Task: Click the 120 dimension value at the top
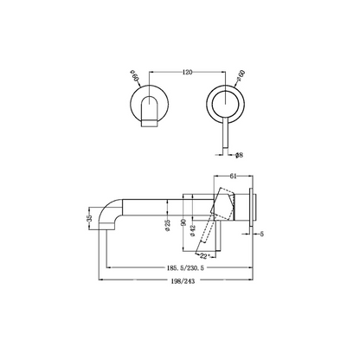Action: pos(187,72)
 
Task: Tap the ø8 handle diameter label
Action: pos(239,155)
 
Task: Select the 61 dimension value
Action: pos(233,177)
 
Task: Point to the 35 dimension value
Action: pos(89,218)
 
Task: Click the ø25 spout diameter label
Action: pos(168,225)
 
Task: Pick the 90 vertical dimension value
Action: pos(183,222)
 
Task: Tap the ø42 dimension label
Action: pos(193,230)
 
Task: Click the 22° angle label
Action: pos(205,256)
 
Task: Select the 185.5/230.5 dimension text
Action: pos(185,267)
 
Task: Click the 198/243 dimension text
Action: pos(183,281)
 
